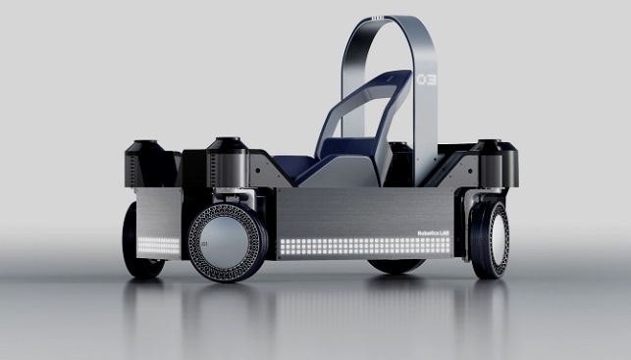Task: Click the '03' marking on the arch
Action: click(x=425, y=77)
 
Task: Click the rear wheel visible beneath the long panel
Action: click(x=396, y=265)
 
